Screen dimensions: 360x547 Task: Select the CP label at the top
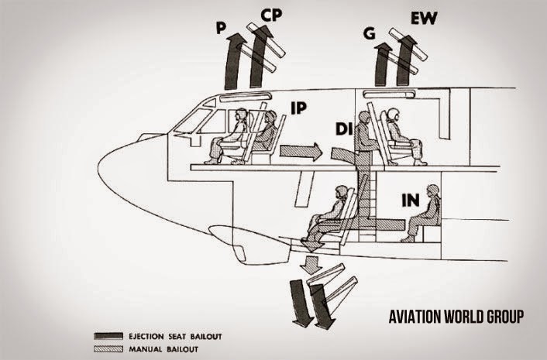click(271, 15)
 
